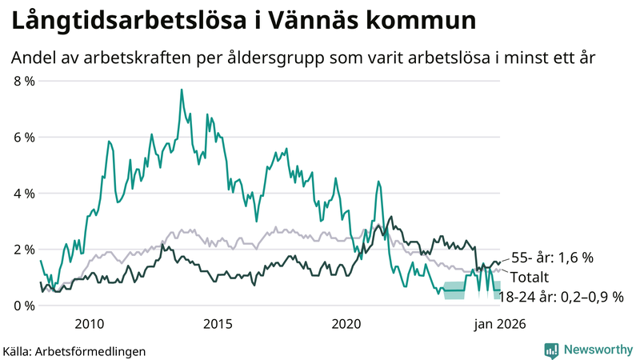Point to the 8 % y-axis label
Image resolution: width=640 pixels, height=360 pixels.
(x=24, y=81)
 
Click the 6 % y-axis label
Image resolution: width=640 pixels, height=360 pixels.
(x=24, y=137)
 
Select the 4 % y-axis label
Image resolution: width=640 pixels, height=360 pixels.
(x=24, y=194)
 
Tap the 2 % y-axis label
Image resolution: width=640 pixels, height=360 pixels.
(x=24, y=250)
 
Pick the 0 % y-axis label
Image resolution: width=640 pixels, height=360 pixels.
(x=24, y=306)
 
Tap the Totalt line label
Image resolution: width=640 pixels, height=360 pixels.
(x=531, y=277)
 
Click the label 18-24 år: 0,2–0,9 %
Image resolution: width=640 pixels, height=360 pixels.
(x=561, y=296)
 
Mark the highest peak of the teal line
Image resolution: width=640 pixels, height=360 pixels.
(x=182, y=90)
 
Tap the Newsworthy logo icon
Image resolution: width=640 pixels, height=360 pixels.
(x=551, y=350)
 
